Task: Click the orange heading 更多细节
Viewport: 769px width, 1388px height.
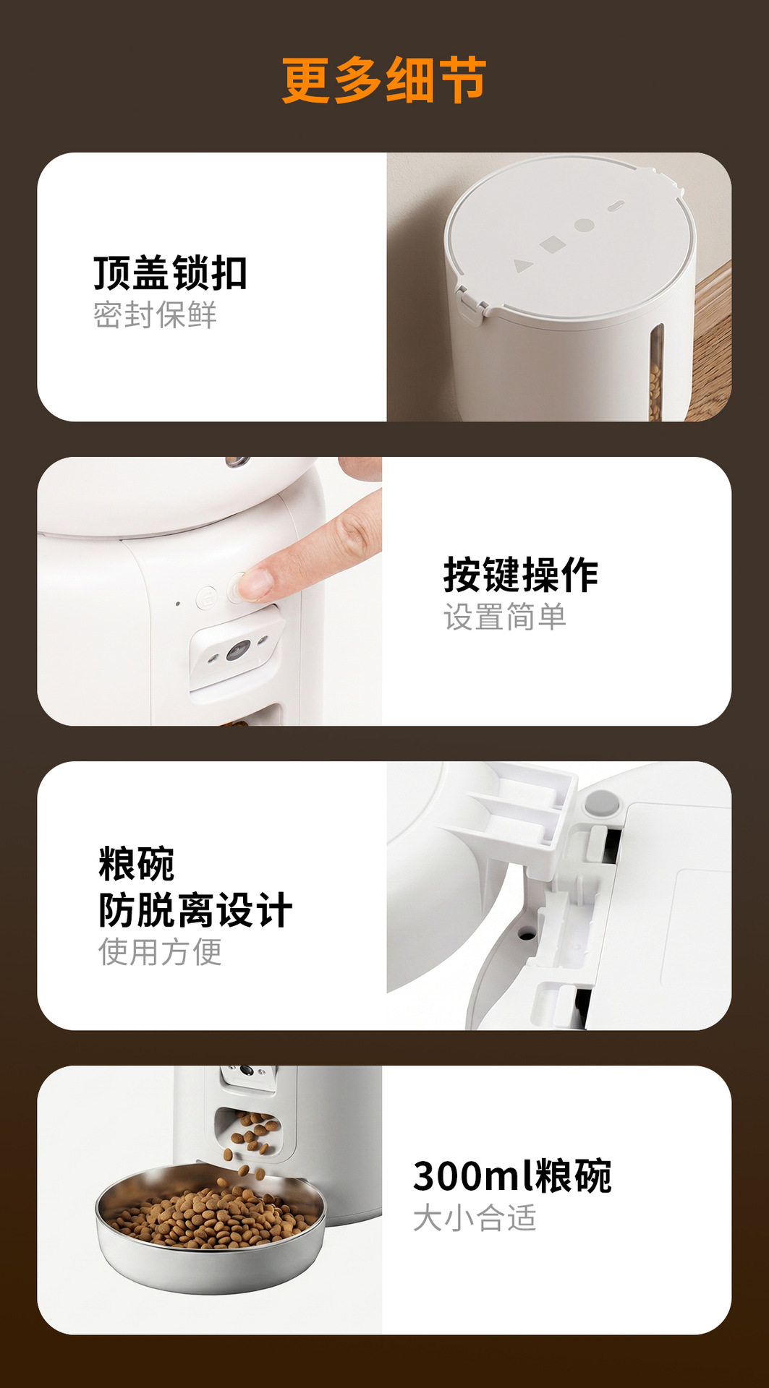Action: (384, 80)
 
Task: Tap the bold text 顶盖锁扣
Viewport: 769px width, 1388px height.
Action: (171, 273)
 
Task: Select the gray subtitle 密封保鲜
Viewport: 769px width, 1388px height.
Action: (155, 315)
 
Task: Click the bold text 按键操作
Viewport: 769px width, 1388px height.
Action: (521, 575)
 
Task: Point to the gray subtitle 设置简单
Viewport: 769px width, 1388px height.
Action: (505, 617)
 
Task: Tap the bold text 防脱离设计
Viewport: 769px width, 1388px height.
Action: (195, 909)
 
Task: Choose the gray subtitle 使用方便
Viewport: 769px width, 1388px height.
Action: (160, 951)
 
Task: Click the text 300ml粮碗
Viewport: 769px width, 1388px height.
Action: (512, 1176)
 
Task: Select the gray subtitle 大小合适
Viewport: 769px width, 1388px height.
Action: (475, 1218)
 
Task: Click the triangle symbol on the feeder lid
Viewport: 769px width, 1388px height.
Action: (522, 265)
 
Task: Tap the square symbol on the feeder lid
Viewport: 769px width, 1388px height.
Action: (553, 244)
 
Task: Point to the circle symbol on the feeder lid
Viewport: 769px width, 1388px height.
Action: (585, 225)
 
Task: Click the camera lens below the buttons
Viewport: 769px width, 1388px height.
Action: (237, 651)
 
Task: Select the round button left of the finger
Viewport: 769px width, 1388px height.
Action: (206, 598)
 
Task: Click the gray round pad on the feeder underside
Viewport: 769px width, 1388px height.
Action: (602, 802)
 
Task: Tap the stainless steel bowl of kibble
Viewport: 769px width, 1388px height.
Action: (211, 1228)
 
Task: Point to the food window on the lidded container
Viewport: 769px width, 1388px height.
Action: (655, 372)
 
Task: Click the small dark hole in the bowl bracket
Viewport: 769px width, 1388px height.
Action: (527, 935)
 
